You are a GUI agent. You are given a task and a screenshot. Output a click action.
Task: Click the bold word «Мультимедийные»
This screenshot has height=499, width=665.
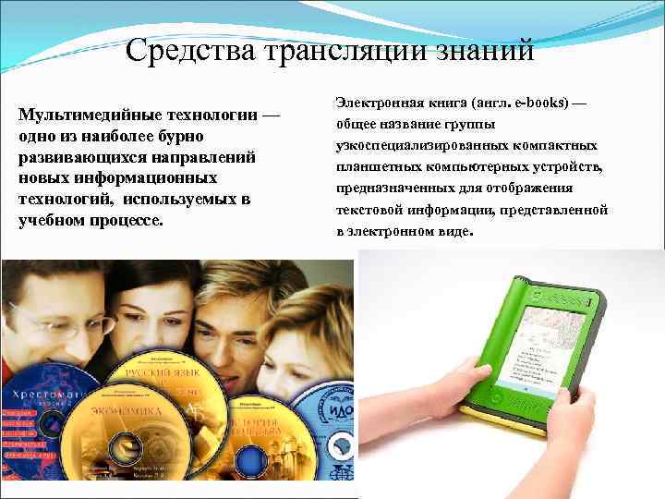pyautogui.click(x=79, y=116)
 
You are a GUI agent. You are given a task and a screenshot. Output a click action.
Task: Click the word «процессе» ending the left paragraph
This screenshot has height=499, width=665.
pyautogui.click(x=124, y=222)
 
